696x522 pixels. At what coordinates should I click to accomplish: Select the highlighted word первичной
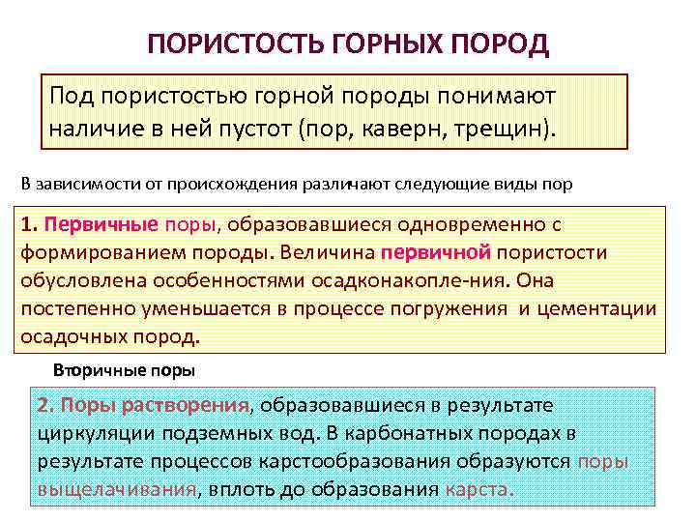click(x=438, y=254)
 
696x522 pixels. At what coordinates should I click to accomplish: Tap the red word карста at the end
click(x=476, y=489)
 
